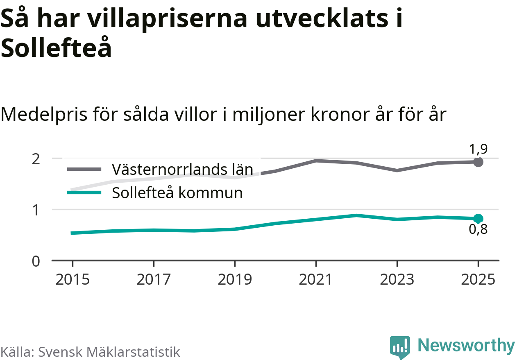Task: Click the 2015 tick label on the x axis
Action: click(x=73, y=280)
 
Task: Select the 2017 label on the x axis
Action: click(x=154, y=280)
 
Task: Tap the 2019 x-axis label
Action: click(x=235, y=280)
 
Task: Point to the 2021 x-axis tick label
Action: click(x=316, y=280)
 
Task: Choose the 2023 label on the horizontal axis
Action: click(x=397, y=280)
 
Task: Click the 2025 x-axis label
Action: click(x=478, y=280)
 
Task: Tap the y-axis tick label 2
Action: click(x=36, y=158)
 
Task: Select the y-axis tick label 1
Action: click(x=36, y=210)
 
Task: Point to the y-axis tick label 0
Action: click(x=36, y=261)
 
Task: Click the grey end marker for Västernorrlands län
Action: click(x=478, y=162)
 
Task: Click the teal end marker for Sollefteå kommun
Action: click(x=478, y=218)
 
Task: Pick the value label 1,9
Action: click(x=478, y=149)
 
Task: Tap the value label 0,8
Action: click(x=478, y=230)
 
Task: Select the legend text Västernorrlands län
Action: click(x=182, y=169)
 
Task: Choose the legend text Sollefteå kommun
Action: click(x=177, y=193)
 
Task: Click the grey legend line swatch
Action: click(x=84, y=169)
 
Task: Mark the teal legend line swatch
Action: click(x=84, y=193)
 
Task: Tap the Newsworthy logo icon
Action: click(x=399, y=347)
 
